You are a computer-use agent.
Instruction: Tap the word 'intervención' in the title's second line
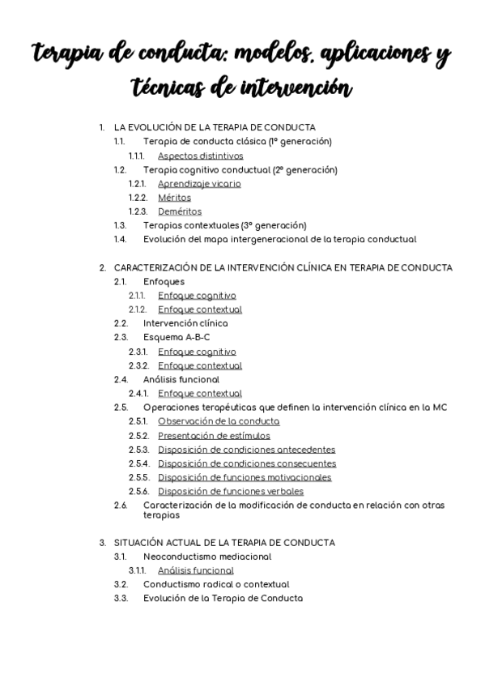pos(296,87)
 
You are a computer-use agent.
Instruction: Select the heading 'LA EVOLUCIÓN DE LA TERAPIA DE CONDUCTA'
pos(215,127)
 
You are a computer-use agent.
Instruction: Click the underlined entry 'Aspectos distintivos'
pos(200,156)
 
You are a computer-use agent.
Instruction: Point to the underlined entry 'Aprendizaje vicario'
pos(199,184)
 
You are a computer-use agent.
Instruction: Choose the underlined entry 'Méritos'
pos(174,198)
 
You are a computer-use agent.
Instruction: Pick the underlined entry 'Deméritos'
pos(180,211)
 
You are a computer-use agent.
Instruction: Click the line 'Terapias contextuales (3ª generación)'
pos(224,225)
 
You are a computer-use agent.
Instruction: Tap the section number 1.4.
pos(120,239)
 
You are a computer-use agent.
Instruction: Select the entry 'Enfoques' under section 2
pos(158,281)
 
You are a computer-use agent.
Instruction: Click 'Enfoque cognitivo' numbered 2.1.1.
pos(197,296)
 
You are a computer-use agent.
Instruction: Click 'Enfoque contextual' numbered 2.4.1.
pos(200,394)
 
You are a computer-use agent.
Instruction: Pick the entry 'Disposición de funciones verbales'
pos(231,492)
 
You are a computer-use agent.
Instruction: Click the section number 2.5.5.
pos(138,478)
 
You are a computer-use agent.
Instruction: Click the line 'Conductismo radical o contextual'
pos(216,584)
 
